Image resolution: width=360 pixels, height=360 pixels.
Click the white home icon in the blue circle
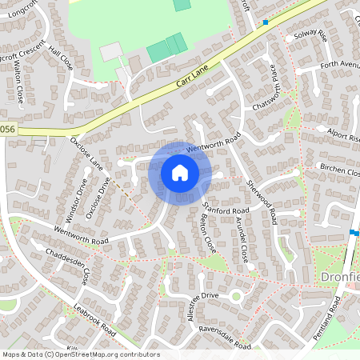pos(180,173)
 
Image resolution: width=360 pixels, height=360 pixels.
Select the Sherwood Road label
pos(262,196)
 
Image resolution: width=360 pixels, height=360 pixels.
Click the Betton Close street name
pos(206,232)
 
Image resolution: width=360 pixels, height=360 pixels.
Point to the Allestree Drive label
pos(190,305)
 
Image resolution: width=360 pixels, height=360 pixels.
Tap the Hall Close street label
pos(60,58)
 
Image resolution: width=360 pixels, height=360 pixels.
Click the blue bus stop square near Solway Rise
pos(266,22)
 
